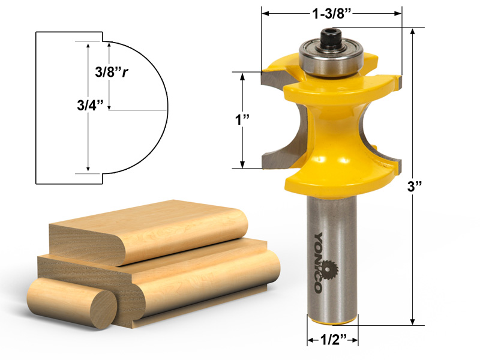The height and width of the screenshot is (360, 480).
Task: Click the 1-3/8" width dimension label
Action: [x=331, y=13]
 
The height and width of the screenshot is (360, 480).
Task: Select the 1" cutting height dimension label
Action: [x=242, y=119]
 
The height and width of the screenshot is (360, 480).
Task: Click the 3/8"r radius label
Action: [x=113, y=73]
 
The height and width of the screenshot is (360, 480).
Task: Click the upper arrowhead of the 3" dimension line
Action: [x=412, y=32]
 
